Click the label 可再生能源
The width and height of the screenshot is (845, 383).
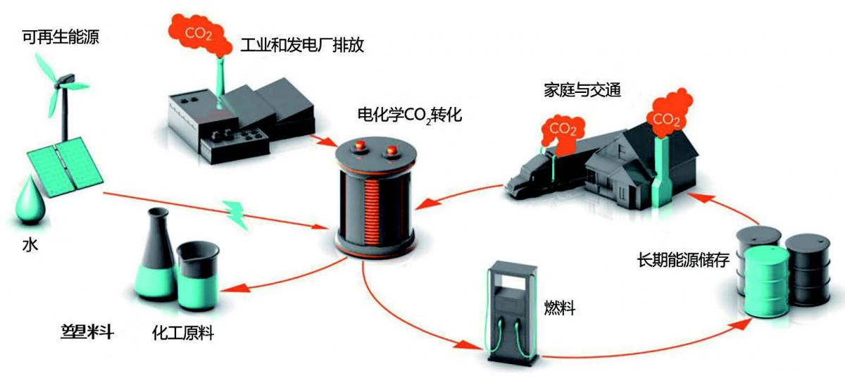61,37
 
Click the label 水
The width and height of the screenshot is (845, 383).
30,245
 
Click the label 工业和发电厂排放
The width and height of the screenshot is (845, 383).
302,45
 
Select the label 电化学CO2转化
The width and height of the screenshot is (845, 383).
410,115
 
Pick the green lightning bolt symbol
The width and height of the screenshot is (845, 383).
235,214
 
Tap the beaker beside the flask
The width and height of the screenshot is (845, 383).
198,276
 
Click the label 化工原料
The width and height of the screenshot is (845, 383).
183,333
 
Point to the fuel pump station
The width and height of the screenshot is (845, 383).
513,313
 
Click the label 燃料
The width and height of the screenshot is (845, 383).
560,308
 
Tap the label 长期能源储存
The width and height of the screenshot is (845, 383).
683,260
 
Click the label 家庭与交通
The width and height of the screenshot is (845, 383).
582,90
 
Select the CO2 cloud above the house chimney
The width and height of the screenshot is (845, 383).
670,113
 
